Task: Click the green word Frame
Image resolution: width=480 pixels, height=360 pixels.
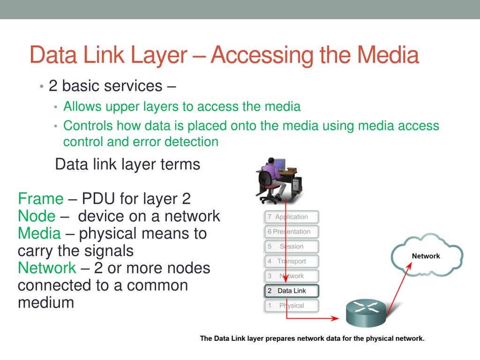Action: tap(40, 199)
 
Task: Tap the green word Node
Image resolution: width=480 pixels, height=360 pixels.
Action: tap(37, 216)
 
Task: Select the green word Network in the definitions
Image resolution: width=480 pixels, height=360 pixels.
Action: tap(46, 268)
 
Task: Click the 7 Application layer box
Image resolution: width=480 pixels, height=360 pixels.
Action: tap(292, 217)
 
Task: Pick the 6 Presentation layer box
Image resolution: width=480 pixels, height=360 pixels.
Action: tap(292, 232)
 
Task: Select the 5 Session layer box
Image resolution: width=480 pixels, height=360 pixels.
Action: tap(292, 247)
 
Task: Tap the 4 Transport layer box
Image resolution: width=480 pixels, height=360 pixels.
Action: tap(292, 261)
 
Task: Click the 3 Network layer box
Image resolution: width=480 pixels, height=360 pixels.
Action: tap(292, 276)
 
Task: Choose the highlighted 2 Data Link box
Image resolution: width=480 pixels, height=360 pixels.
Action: tap(292, 291)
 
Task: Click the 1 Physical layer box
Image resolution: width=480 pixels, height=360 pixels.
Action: tap(292, 306)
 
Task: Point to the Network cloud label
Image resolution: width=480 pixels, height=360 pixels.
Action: tap(426, 256)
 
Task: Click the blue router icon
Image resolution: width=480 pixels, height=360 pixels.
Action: tap(366, 312)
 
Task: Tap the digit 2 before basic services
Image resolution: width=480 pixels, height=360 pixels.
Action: tap(53, 86)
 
